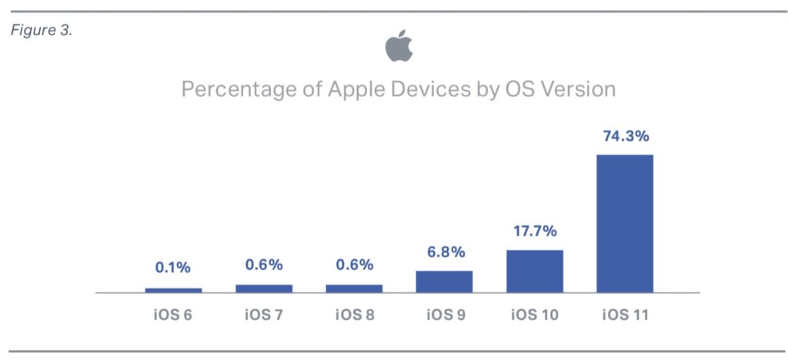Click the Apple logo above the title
pyautogui.click(x=399, y=47)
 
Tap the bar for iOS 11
pyautogui.click(x=625, y=223)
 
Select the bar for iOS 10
pyautogui.click(x=535, y=271)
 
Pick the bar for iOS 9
pyautogui.click(x=444, y=282)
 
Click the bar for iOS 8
pyautogui.click(x=354, y=288)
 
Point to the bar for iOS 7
pyautogui.click(x=264, y=288)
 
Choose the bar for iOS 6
pyautogui.click(x=173, y=290)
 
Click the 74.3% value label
pyautogui.click(x=625, y=137)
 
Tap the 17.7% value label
pyautogui.click(x=535, y=232)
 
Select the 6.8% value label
pyautogui.click(x=444, y=252)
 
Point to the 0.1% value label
pyautogui.click(x=173, y=268)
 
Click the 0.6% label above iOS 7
pyautogui.click(x=264, y=265)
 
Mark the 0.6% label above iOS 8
pyautogui.click(x=354, y=265)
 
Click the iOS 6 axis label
pyautogui.click(x=173, y=316)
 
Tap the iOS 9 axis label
pyautogui.click(x=444, y=316)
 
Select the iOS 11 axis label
pyautogui.click(x=625, y=316)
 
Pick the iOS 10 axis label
pyautogui.click(x=535, y=316)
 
